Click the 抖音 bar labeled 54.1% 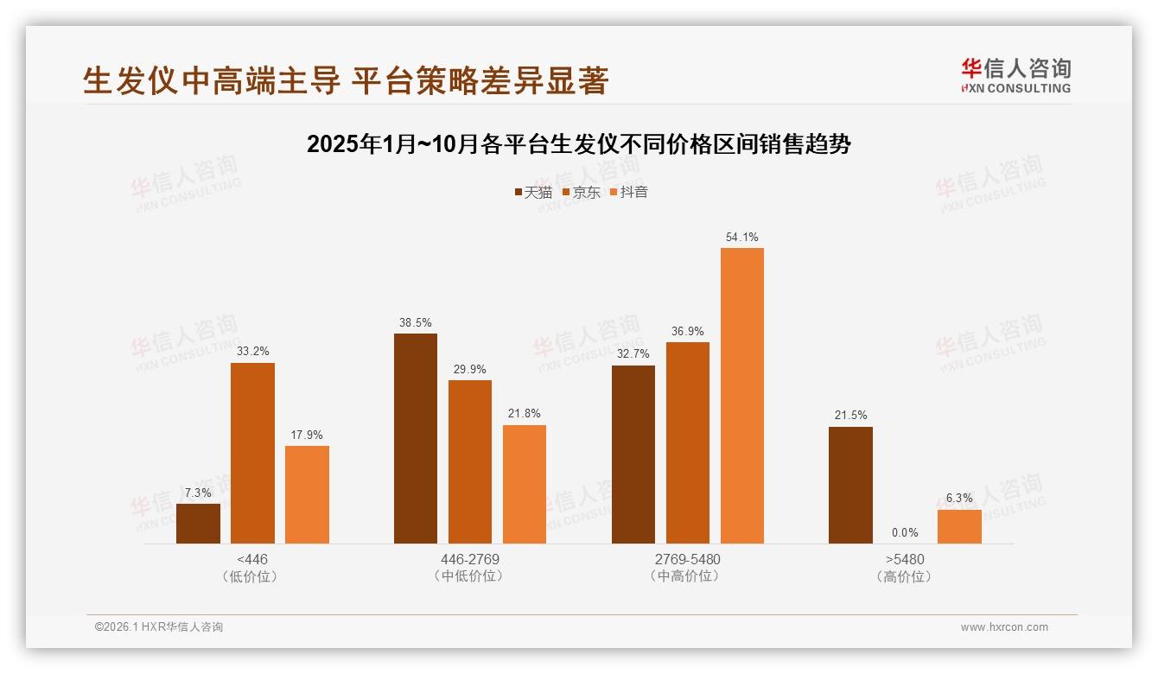coord(742,396)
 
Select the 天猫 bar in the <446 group coord(198,524)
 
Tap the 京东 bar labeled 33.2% coord(252,453)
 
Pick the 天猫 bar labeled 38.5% coord(416,438)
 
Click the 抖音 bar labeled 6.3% coord(959,526)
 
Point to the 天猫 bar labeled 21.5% coord(850,485)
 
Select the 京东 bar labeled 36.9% coord(688,442)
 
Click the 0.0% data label coord(905,532)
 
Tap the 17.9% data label coord(307,435)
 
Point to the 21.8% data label coord(525,414)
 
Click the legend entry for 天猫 coord(532,193)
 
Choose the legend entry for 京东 coord(581,193)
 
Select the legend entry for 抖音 coord(628,193)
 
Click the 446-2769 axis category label coord(469,559)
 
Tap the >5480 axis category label coord(905,559)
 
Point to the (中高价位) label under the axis coord(687,576)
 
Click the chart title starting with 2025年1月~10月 coord(578,144)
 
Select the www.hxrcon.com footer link coord(1003,627)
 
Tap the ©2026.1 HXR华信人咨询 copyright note coord(159,627)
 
